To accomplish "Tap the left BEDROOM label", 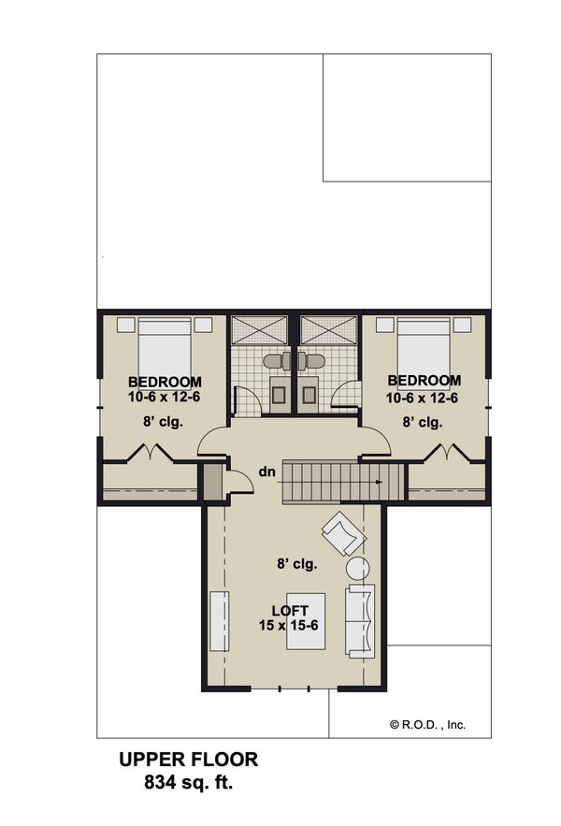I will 165,382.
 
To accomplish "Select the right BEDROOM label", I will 424,381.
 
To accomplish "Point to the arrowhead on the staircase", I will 379,483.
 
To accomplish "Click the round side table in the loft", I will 359,568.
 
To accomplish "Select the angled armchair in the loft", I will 342,535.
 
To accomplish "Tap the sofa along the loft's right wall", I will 361,619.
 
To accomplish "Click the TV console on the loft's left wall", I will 218,620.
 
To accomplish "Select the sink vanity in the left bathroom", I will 280,393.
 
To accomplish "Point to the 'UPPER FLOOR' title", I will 188,759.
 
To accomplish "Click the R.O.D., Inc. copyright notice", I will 427,724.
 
